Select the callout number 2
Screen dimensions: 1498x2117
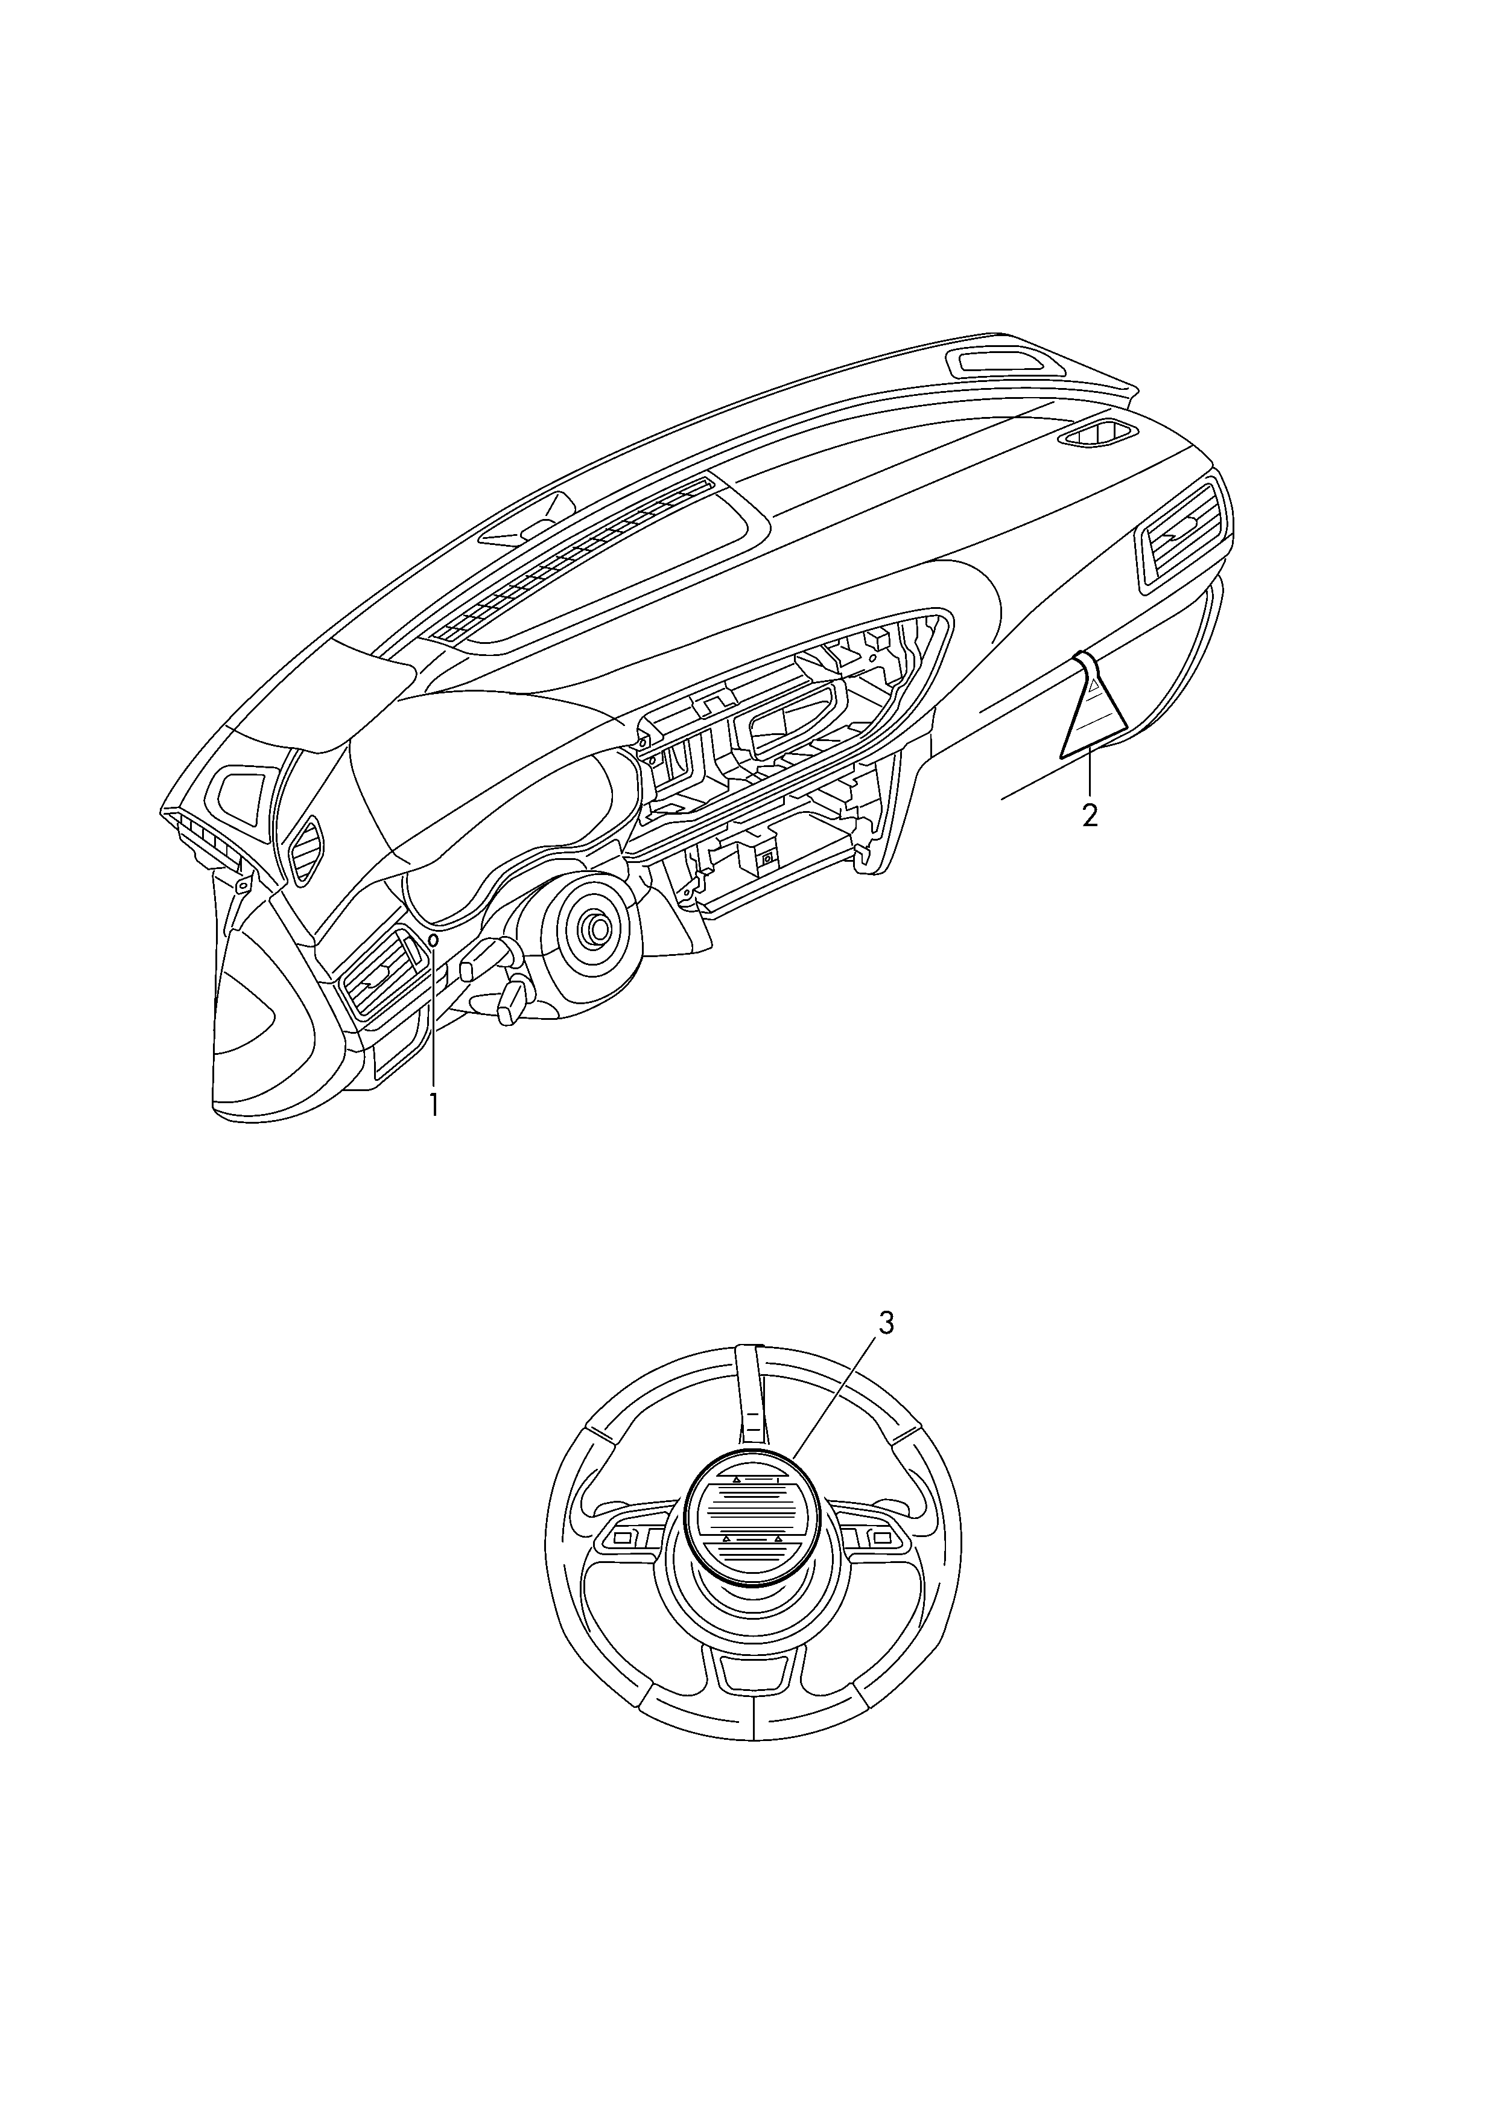tap(1090, 815)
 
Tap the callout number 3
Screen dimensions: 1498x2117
tap(886, 1323)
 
